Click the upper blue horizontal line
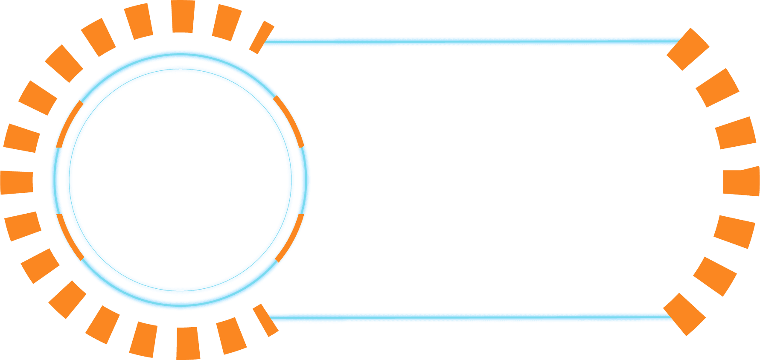pos(469,41)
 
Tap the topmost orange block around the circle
pos(183,17)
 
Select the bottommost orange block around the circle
pos(188,343)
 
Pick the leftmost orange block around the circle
pos(17,182)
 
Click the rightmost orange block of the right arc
pos(742,181)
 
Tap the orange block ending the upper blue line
pos(687,49)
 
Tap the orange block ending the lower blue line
pos(684,314)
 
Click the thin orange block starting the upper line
pos(261,37)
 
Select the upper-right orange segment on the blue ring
pos(290,121)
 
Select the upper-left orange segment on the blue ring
pos(69,124)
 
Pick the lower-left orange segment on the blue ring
pos(70,237)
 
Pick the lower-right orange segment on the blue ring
pos(290,238)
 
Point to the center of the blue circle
pos(180,180)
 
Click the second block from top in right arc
pos(717,87)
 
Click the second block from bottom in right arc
pos(715,276)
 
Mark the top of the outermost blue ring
pos(180,52)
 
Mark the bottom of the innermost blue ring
pos(180,290)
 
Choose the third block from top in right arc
pos(735,133)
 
